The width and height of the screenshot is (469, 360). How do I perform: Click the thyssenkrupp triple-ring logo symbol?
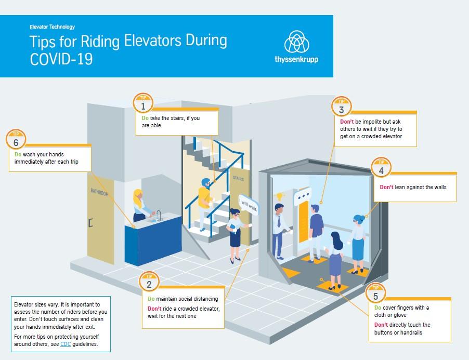[x=296, y=42]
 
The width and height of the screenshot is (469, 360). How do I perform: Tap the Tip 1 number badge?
[x=143, y=103]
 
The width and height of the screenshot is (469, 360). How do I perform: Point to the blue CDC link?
[x=66, y=344]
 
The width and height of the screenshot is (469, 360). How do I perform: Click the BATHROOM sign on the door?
[x=99, y=192]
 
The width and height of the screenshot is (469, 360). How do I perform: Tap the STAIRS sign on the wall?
[x=238, y=178]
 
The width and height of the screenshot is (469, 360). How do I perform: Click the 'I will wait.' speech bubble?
[x=248, y=204]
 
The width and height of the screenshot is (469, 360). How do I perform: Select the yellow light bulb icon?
[x=279, y=196]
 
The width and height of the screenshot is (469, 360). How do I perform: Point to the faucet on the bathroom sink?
[x=159, y=215]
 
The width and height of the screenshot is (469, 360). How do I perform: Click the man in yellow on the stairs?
[x=205, y=204]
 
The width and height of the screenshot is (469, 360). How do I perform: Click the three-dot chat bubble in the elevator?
[x=303, y=196]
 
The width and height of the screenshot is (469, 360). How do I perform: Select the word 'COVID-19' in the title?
[x=61, y=59]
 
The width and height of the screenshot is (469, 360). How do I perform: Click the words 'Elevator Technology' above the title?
[x=53, y=27]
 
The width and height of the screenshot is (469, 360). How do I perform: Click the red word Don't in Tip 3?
[x=347, y=122]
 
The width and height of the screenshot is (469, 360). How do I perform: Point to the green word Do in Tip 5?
[x=378, y=308]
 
